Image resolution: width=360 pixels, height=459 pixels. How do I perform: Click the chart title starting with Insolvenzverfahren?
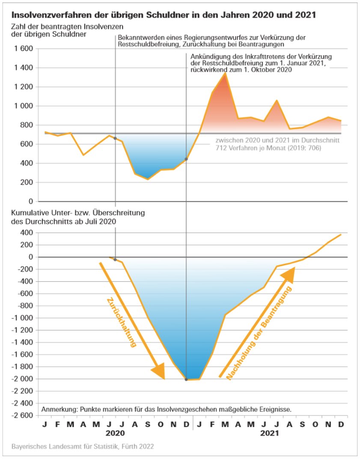tap(163, 15)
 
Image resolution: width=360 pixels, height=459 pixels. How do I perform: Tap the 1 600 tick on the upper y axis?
tap(24, 49)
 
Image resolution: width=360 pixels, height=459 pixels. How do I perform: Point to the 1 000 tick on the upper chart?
tap(24, 106)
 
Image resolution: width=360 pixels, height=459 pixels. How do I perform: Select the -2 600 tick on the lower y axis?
tap(21, 415)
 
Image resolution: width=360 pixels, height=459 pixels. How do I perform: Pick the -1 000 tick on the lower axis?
tap(21, 318)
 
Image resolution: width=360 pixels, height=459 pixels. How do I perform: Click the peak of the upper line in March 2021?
tap(225, 73)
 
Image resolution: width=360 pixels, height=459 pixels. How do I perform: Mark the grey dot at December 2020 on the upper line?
tap(186, 159)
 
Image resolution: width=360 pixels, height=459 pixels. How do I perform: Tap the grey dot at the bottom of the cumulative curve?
tap(186, 379)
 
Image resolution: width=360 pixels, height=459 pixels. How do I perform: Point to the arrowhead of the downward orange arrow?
tap(159, 371)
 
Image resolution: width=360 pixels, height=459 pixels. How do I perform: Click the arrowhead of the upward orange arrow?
tap(289, 275)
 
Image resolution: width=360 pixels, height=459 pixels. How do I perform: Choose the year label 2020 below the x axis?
tap(116, 433)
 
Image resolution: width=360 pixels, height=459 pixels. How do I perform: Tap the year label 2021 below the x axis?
tap(268, 433)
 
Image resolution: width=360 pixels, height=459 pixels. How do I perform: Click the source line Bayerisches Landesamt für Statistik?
tap(83, 447)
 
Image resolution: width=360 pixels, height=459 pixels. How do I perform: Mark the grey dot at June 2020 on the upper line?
tap(115, 139)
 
